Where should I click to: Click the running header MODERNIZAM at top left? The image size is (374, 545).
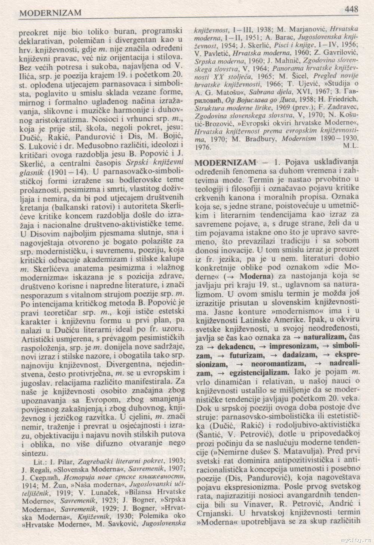[x=50, y=13]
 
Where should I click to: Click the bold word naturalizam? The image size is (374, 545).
[x=327, y=338]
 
